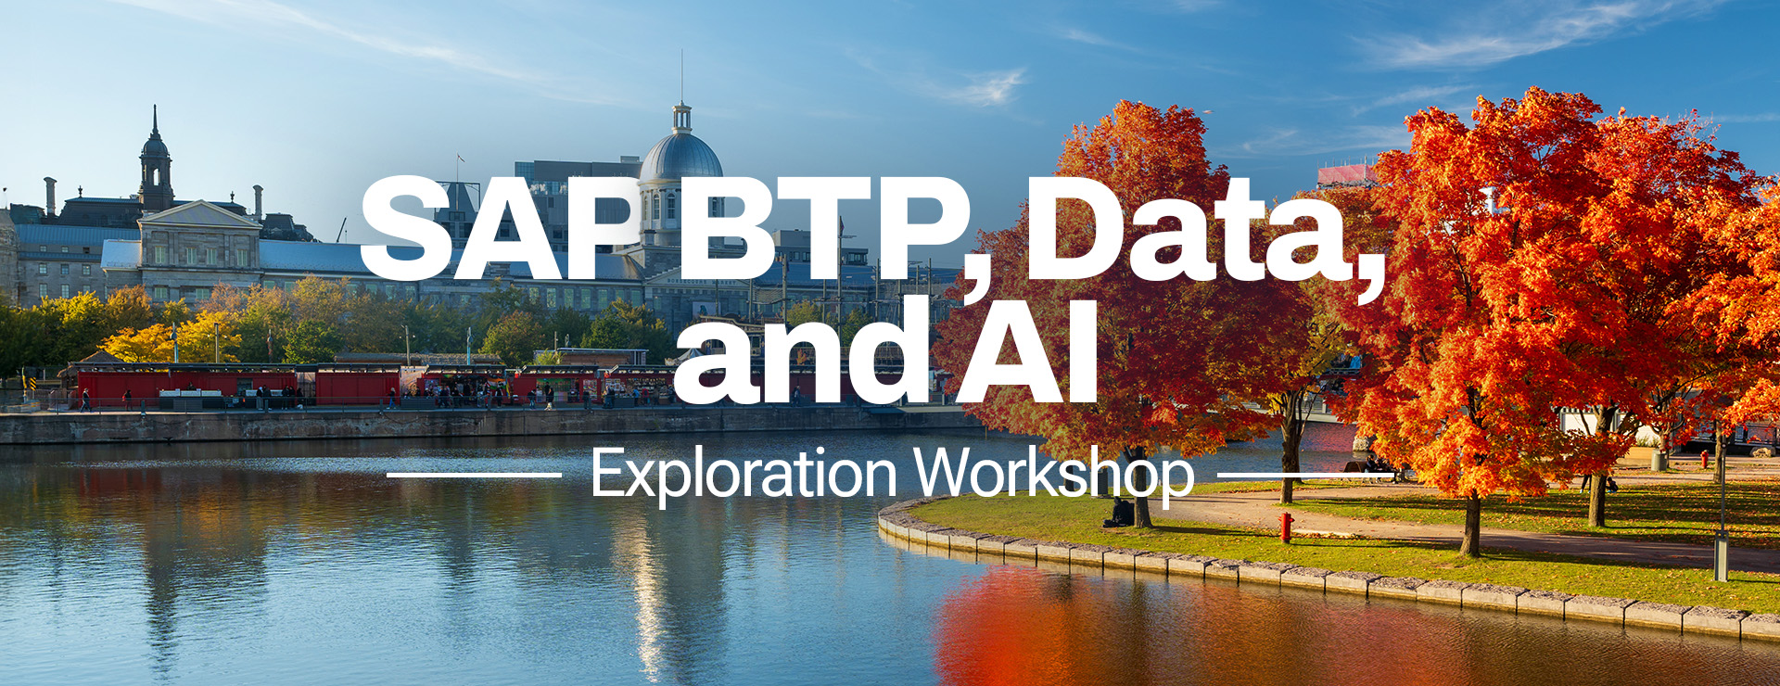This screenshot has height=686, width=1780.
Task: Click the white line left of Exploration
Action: [x=474, y=476]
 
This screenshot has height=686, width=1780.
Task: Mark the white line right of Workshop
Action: [x=1305, y=476]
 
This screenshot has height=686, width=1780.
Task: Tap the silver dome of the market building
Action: [x=681, y=156]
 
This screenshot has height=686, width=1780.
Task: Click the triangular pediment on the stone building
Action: [x=199, y=216]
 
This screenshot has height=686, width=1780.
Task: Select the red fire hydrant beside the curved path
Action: [x=1286, y=527]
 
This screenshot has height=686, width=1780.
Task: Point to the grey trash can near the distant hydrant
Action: [x=1659, y=460]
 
